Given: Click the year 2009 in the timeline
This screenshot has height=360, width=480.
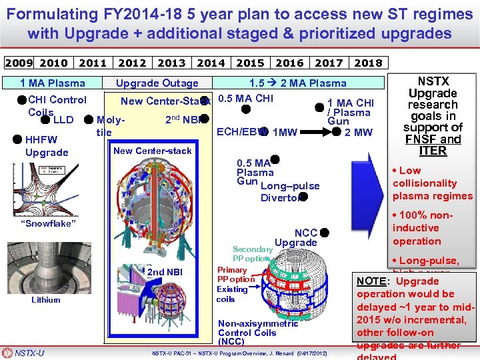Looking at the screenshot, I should [x=18, y=63].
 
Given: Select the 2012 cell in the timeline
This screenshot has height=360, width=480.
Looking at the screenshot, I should [x=132, y=63].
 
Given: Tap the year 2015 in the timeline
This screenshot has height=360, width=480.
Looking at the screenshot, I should [x=250, y=63].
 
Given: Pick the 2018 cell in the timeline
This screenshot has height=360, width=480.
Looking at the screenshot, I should [x=368, y=63].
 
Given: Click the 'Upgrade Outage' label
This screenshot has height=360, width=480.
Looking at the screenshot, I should [x=157, y=83].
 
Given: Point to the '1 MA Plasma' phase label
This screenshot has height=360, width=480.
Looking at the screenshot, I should [x=53, y=83].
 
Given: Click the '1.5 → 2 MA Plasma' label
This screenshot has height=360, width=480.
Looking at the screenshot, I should [x=297, y=83].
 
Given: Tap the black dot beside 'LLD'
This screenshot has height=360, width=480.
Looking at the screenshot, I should [x=46, y=120].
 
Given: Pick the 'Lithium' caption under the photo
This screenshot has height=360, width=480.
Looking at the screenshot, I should [x=45, y=300].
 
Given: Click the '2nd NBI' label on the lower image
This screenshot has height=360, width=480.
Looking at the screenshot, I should [x=165, y=272].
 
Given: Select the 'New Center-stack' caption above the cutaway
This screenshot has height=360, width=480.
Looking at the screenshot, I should [x=152, y=151].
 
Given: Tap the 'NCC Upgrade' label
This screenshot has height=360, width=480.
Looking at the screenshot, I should [x=298, y=237].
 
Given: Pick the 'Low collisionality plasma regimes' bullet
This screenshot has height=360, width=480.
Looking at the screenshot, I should [x=431, y=183].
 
